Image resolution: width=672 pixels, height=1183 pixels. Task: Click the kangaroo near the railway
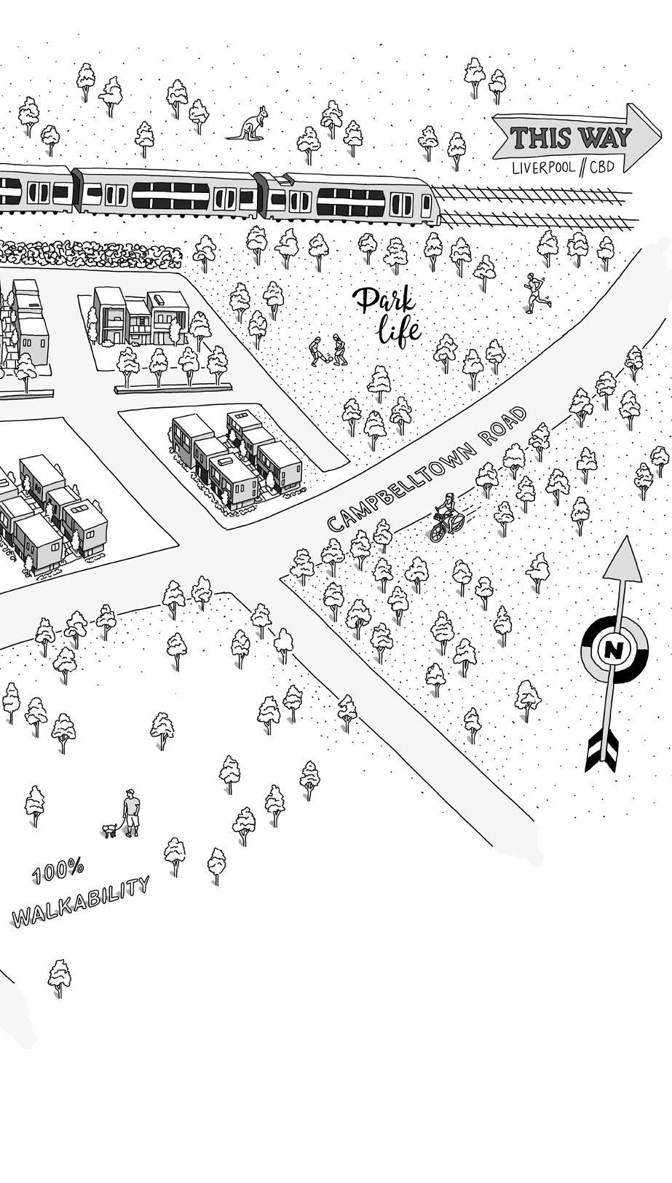(250, 125)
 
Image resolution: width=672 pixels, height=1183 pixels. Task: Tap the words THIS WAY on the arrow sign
(570, 138)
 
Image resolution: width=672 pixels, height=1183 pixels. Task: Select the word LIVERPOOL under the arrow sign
(543, 167)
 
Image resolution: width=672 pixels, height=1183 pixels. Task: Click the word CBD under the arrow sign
(601, 167)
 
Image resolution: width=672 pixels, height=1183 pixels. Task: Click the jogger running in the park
(537, 293)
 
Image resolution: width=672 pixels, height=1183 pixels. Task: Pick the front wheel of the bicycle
(437, 532)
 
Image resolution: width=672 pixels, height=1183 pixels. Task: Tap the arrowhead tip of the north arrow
(624, 543)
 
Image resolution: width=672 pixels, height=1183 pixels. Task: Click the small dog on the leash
(110, 830)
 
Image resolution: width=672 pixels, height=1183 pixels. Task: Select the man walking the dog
(131, 811)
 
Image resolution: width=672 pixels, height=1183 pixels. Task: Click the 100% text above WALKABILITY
(58, 871)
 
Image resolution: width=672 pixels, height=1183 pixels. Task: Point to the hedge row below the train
(87, 253)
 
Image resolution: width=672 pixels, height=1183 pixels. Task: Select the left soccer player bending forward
(316, 352)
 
